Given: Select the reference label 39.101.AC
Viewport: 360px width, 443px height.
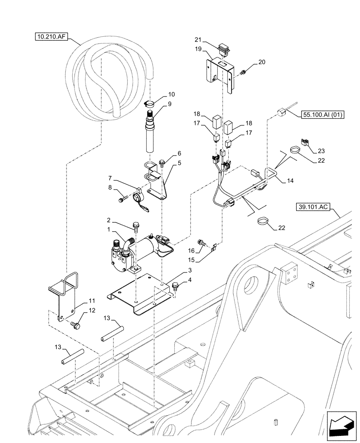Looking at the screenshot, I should [x=312, y=207].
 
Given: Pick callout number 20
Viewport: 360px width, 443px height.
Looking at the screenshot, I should [x=262, y=62].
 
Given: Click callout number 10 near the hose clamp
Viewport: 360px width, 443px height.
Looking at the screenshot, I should [x=171, y=94].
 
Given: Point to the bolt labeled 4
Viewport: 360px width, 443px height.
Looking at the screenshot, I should [x=176, y=285].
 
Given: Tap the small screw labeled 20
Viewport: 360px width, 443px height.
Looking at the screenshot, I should [x=243, y=72].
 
